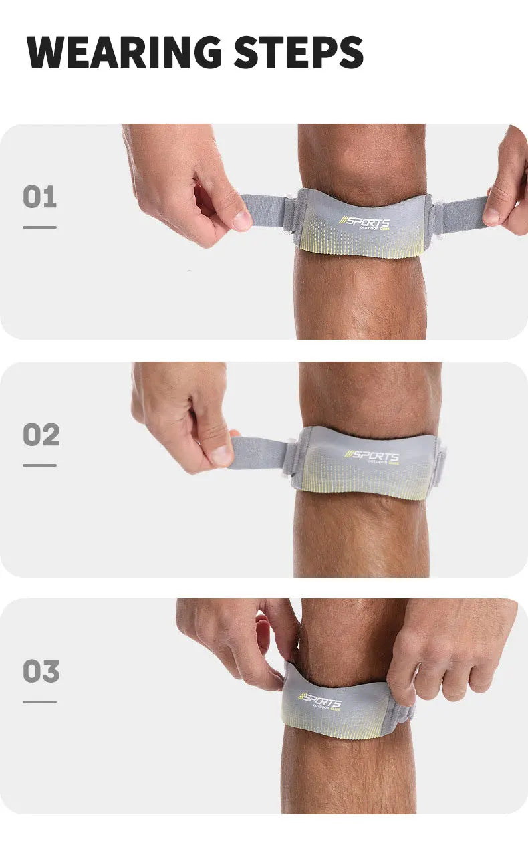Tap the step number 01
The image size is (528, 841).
coord(40,197)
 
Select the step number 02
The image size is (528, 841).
coord(41,435)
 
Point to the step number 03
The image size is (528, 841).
coord(41,672)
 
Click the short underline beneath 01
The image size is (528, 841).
coord(39,227)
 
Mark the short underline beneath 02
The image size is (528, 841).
coord(39,465)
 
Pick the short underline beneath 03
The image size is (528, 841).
coord(39,701)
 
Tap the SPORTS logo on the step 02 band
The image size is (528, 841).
coord(372,457)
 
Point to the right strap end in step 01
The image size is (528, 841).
coord(461,214)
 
